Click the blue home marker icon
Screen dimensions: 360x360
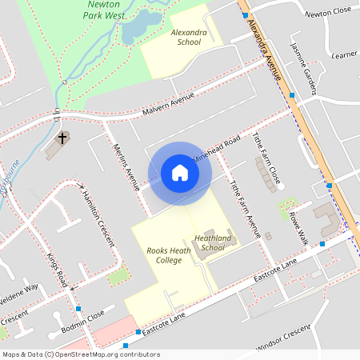tap(180, 173)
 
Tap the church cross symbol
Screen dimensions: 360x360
tap(62, 139)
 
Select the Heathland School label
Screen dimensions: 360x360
tap(213, 242)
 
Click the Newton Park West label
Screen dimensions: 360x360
tap(103, 9)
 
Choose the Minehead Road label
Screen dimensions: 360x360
tap(222, 151)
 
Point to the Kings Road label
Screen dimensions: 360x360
tap(56, 270)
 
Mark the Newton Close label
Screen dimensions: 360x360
tap(327, 11)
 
